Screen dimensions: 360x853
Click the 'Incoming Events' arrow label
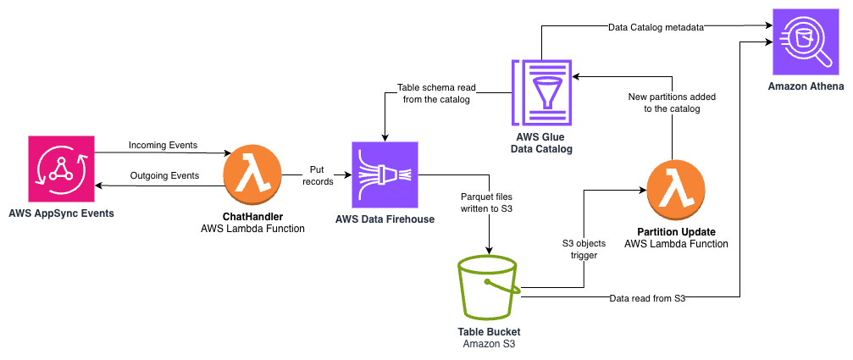click(x=163, y=145)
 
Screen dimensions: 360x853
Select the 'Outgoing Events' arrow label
click(x=163, y=176)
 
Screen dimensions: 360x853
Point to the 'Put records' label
click(x=318, y=174)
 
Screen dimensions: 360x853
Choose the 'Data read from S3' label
click(x=646, y=298)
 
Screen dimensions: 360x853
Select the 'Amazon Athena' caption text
click(x=800, y=86)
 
